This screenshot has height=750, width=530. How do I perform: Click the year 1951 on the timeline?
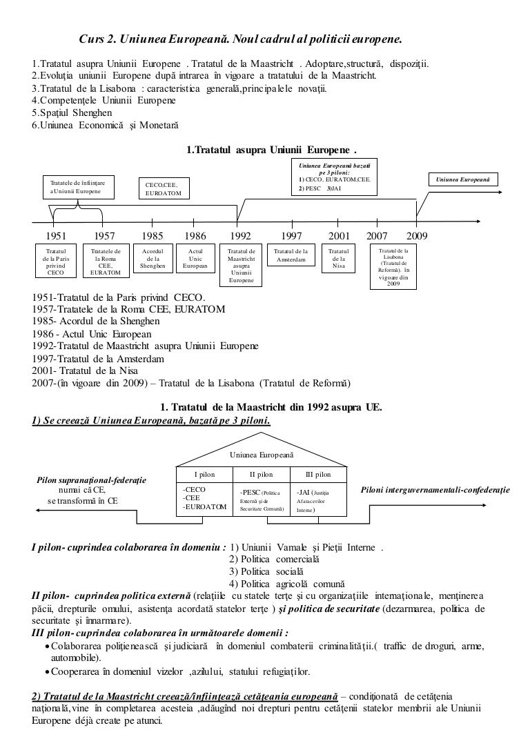(56, 236)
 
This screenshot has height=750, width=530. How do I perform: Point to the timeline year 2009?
(416, 236)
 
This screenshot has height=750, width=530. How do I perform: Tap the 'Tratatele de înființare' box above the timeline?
(78, 186)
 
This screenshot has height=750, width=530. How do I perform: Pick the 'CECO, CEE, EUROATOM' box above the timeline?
(164, 189)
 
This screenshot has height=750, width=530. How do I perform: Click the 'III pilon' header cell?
(317, 475)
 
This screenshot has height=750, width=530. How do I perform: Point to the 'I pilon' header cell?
(205, 475)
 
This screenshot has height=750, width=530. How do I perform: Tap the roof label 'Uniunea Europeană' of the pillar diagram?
(262, 455)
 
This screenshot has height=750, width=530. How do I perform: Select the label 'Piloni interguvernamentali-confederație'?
(435, 489)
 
